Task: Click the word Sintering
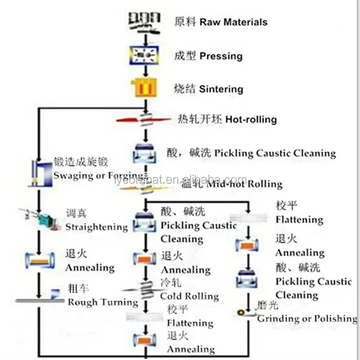click(x=221, y=89)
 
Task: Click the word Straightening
click(x=96, y=227)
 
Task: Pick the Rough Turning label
click(x=102, y=302)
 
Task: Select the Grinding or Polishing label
click(x=307, y=318)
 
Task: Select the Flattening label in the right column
click(x=299, y=220)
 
